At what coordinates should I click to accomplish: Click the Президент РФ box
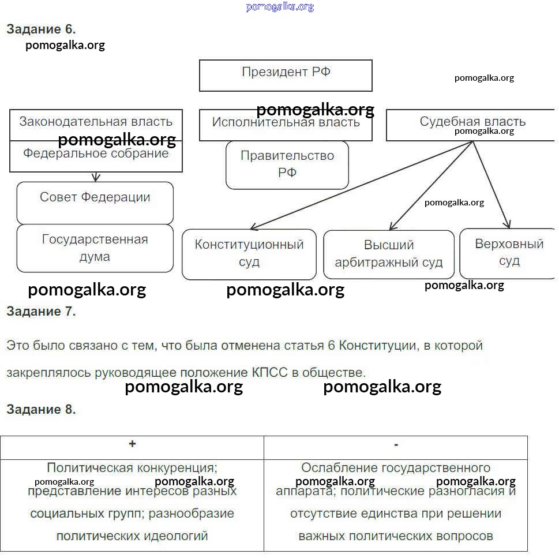[x=286, y=75]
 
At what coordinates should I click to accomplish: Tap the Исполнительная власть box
[x=286, y=124]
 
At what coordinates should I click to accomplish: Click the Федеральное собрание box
[x=96, y=156]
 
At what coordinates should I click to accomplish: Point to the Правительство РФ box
[x=287, y=164]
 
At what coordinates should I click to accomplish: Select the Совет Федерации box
[x=95, y=202]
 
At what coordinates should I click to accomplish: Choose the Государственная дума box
[x=95, y=248]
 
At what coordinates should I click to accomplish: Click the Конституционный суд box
[x=249, y=254]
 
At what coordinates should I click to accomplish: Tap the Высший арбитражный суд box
[x=388, y=254]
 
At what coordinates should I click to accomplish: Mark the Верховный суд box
[x=509, y=253]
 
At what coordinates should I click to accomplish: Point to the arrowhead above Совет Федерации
[x=96, y=178]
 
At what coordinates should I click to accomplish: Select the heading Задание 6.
[x=41, y=29]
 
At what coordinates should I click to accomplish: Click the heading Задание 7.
[x=41, y=312]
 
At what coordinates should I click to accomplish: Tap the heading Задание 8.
[x=41, y=410]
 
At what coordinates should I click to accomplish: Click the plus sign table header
[x=132, y=444]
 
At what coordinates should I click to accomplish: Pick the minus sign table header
[x=396, y=444]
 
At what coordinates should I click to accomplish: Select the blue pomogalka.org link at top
[x=280, y=6]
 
